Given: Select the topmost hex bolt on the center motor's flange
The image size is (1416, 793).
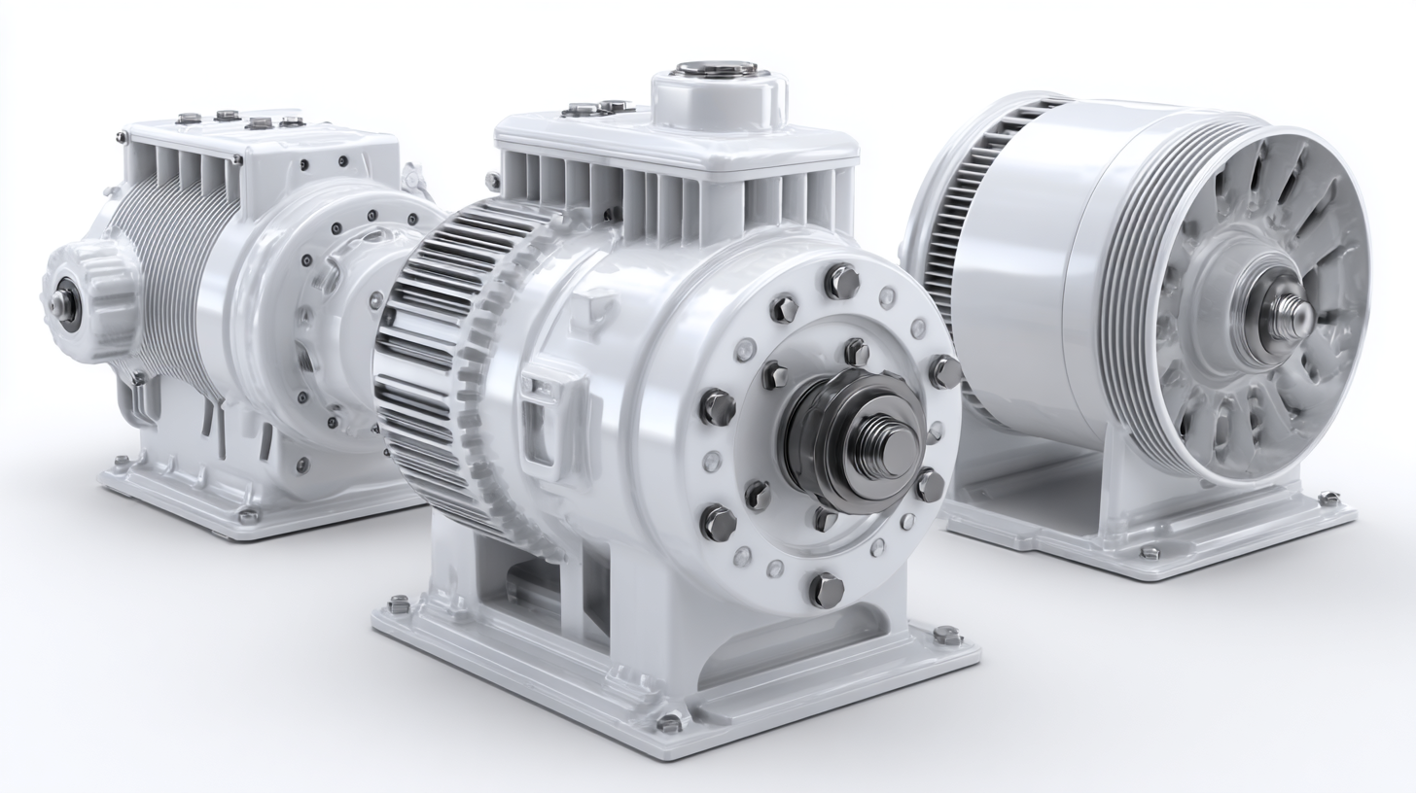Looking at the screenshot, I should pyautogui.click(x=842, y=282).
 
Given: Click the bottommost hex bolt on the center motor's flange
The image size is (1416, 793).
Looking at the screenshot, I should pyautogui.click(x=825, y=589).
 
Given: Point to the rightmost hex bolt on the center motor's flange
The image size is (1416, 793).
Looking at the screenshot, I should pyautogui.click(x=944, y=371).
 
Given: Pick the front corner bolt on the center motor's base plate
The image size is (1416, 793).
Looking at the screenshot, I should pyautogui.click(x=669, y=723).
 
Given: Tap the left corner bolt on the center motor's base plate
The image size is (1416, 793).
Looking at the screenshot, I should pyautogui.click(x=399, y=604).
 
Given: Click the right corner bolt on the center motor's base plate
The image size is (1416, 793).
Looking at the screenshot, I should pyautogui.click(x=946, y=637).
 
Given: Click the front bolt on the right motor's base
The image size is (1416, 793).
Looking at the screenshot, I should pyautogui.click(x=1149, y=552).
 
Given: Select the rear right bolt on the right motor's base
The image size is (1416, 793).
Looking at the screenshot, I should pyautogui.click(x=1327, y=500).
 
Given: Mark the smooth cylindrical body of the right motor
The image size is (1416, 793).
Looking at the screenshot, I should pyautogui.click(x=1021, y=262).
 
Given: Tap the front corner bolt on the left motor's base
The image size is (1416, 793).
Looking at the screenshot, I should pyautogui.click(x=249, y=516).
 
